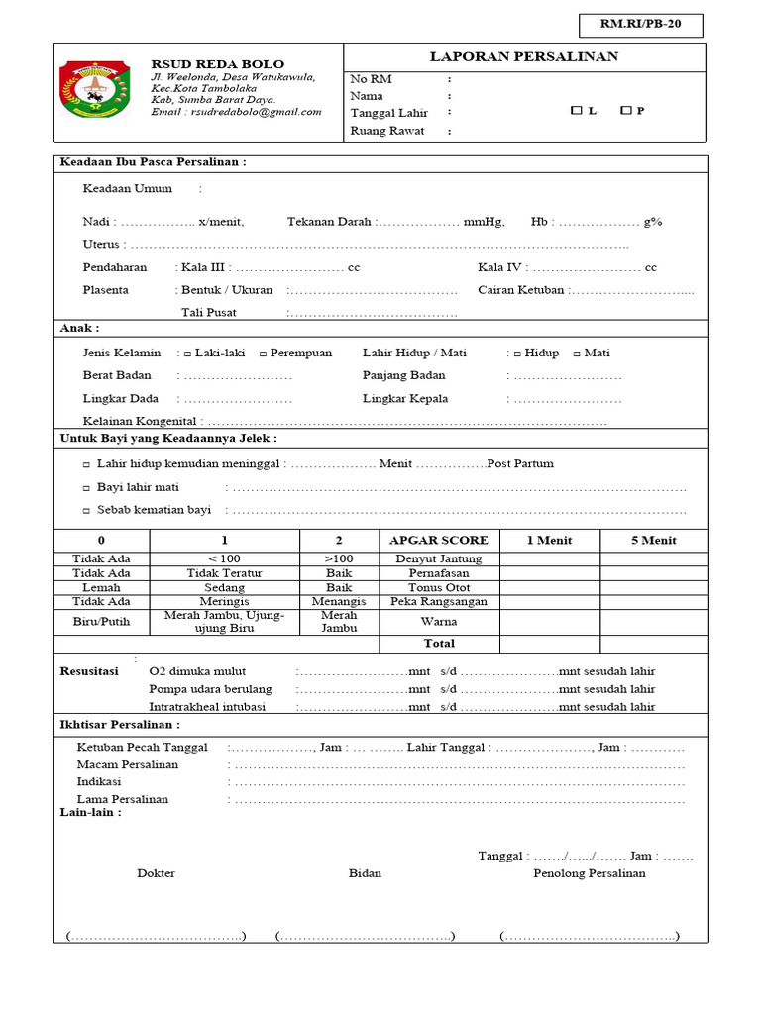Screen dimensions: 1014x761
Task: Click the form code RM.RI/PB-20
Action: point(640,26)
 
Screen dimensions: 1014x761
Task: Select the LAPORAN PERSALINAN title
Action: point(523,56)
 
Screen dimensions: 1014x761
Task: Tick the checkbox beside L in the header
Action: point(576,111)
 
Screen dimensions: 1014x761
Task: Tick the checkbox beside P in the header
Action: point(625,111)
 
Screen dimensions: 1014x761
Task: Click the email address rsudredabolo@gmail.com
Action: point(255,112)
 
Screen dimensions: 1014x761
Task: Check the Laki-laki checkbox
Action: point(187,354)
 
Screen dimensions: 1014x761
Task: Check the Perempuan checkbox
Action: point(263,354)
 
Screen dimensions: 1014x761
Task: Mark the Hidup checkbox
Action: point(517,354)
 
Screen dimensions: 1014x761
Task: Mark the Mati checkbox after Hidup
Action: point(577,354)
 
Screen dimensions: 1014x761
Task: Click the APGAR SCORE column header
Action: point(439,540)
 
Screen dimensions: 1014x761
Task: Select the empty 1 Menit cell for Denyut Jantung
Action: point(549,558)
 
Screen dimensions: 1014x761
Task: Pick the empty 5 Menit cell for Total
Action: point(653,644)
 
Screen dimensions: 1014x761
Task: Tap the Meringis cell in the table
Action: point(224,601)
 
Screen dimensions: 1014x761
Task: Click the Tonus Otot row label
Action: point(439,587)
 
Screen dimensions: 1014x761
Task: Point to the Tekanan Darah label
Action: point(330,222)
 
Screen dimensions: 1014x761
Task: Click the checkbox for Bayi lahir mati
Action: point(86,487)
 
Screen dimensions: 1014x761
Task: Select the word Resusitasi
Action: point(91,671)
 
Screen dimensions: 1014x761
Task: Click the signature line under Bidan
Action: point(365,936)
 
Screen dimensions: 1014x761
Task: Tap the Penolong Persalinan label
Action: point(589,873)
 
